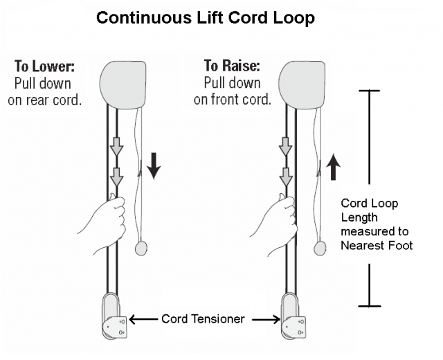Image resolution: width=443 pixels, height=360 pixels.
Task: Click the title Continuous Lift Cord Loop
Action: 206,17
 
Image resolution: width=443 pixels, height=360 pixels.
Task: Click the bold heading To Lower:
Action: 44,66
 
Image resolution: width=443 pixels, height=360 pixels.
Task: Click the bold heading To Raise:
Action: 231,66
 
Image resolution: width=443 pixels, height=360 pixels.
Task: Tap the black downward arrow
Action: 153,166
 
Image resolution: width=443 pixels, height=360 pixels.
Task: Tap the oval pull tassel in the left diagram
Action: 142,247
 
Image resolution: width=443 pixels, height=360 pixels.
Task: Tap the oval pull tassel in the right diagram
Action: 320,247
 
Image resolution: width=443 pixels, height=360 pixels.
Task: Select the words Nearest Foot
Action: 377,244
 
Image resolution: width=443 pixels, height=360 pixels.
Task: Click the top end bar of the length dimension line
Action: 370,91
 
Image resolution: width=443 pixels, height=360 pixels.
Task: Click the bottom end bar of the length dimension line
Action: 370,305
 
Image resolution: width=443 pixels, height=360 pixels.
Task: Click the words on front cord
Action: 232,100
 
